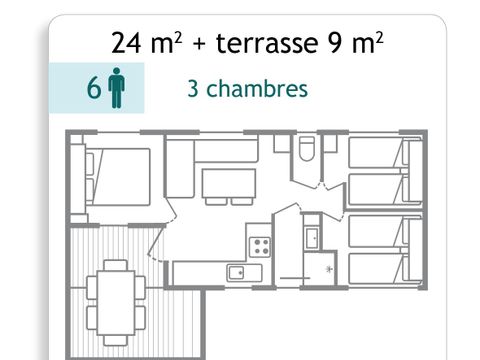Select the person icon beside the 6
click(116, 88)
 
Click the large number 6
click(93, 88)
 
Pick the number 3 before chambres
click(192, 88)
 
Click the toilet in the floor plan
click(308, 151)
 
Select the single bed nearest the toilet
click(376, 153)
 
